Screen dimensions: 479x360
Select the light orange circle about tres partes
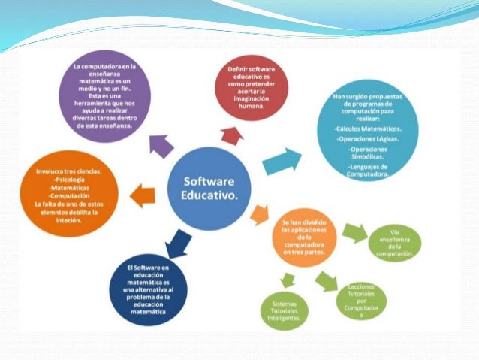click(x=305, y=240)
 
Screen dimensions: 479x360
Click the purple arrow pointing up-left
click(x=160, y=144)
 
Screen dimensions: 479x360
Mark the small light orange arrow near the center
click(x=259, y=214)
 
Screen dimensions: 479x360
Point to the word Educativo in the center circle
click(x=209, y=197)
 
